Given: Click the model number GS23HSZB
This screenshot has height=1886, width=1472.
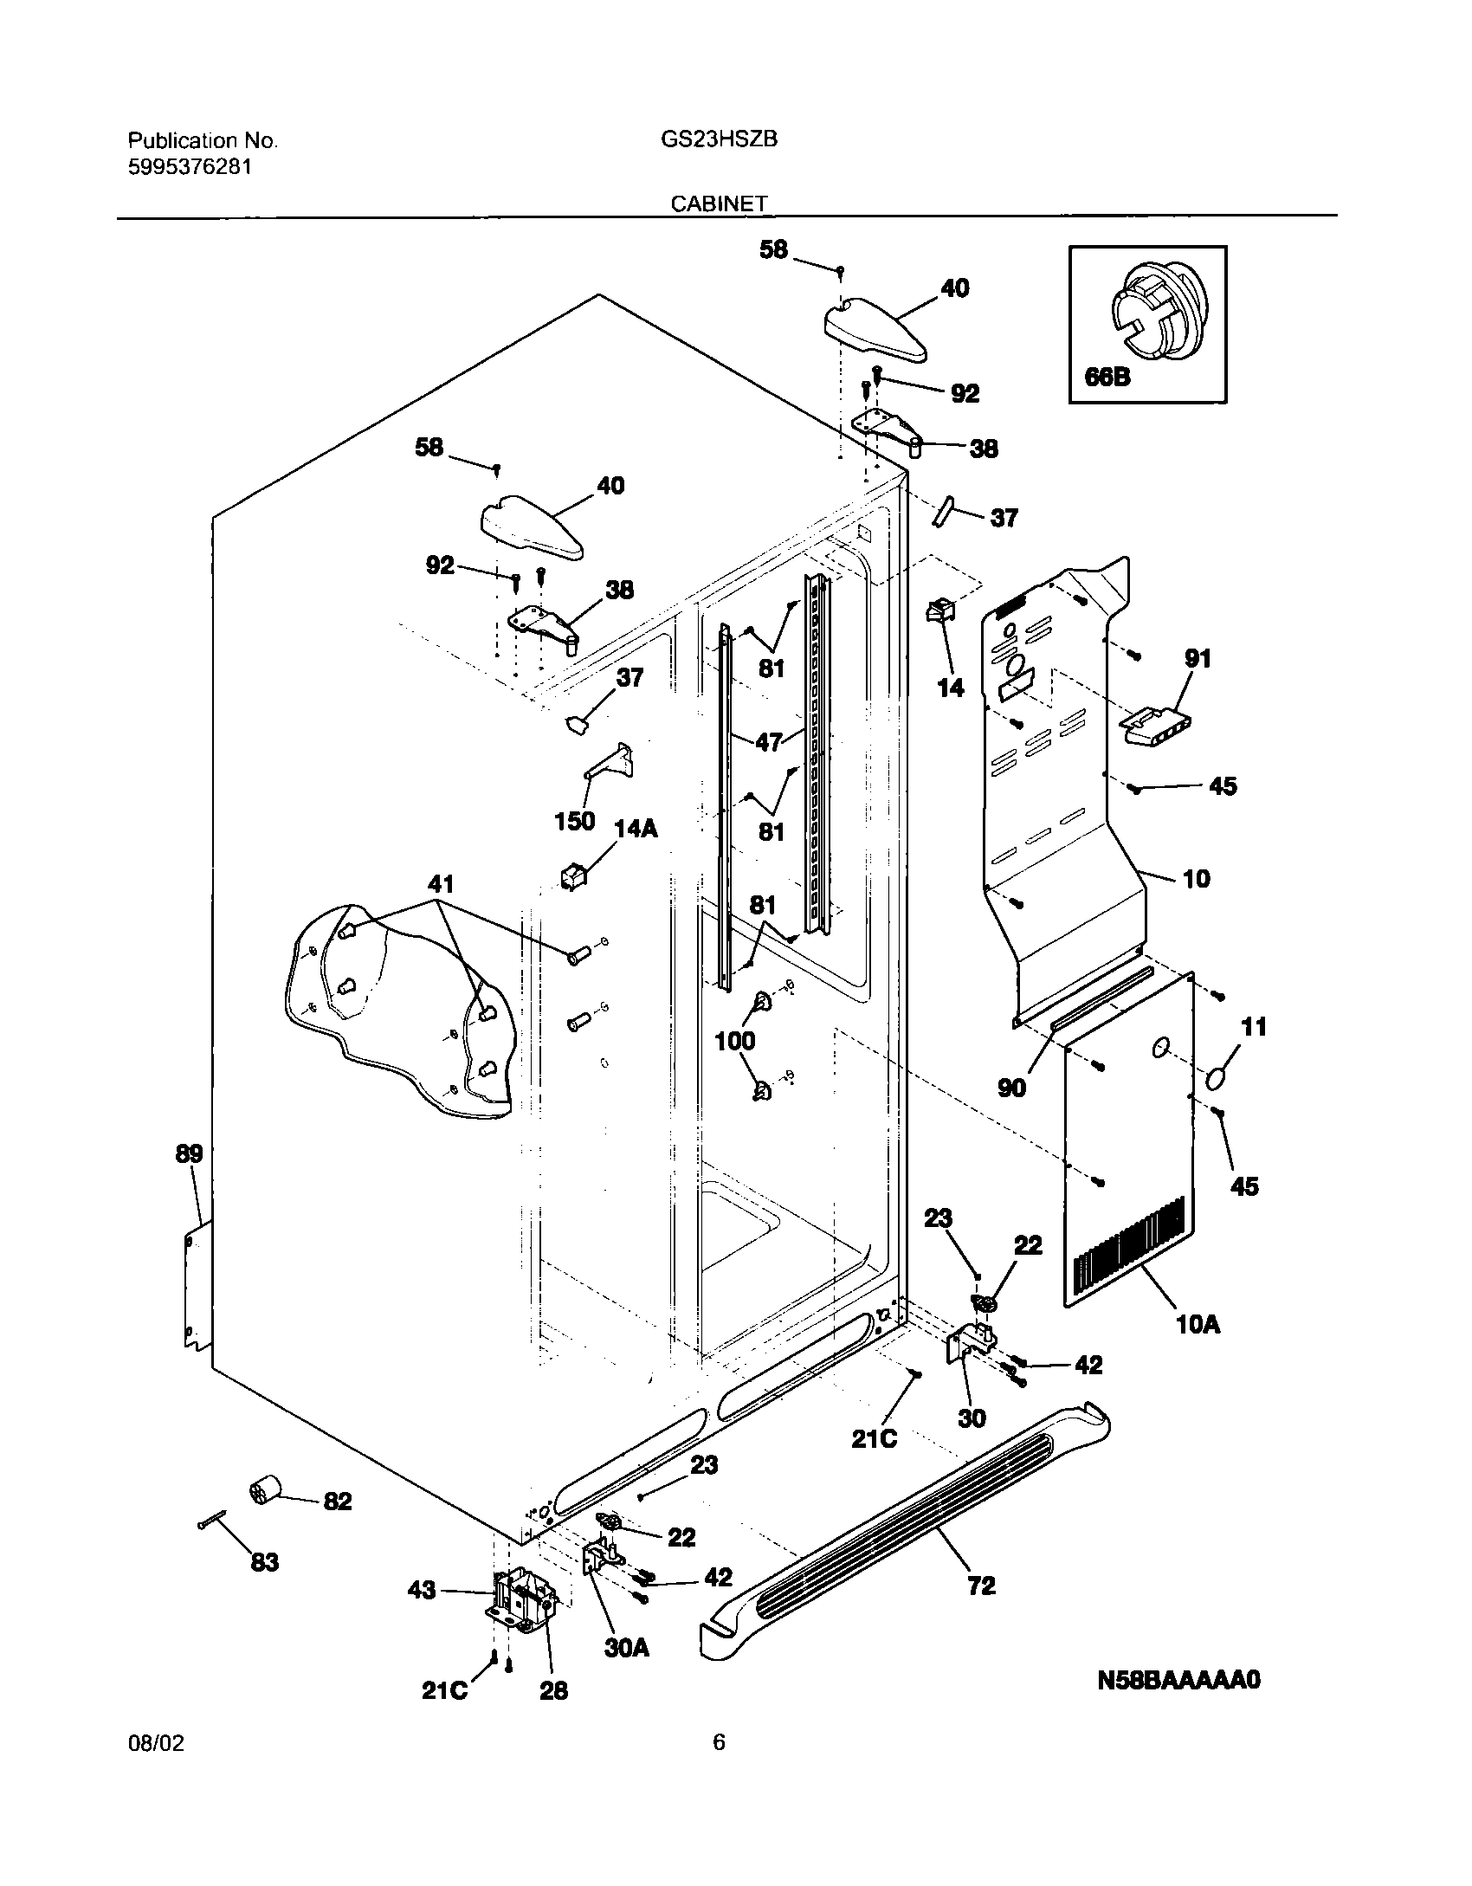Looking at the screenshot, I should click(x=717, y=139).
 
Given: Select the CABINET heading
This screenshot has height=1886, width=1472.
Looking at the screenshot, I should click(x=719, y=203).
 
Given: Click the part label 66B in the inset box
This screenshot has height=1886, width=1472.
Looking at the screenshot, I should click(x=1107, y=378).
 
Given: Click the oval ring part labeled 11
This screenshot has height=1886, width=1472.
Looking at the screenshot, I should click(x=1217, y=1079).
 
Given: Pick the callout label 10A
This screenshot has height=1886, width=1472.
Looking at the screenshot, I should click(x=1198, y=1348).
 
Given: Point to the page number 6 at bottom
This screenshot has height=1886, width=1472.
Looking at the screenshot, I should click(x=719, y=1767).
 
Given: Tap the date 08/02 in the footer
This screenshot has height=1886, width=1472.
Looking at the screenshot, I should click(x=156, y=1767).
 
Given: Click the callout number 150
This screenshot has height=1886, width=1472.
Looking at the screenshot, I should click(x=574, y=821).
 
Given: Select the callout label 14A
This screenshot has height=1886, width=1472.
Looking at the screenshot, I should click(x=636, y=830).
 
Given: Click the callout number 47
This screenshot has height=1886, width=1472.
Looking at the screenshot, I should click(x=768, y=741).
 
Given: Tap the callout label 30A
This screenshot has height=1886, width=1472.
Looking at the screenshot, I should click(x=626, y=1672).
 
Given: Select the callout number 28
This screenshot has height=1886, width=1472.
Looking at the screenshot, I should click(x=553, y=1715).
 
